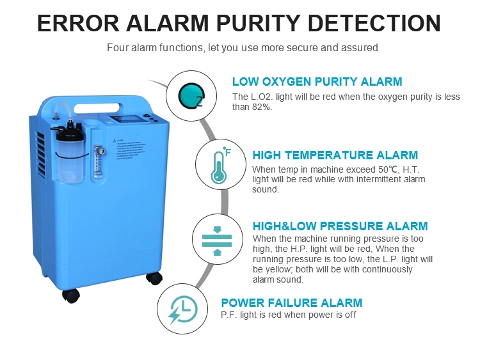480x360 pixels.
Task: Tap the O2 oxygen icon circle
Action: (191, 96)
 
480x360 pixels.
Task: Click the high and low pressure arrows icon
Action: (217, 240)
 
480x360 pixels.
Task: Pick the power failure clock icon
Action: (183, 309)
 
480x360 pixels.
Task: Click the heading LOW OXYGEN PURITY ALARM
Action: (317, 82)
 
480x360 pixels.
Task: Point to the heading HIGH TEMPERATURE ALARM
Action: (335, 155)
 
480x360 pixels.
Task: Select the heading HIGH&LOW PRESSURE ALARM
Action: (340, 226)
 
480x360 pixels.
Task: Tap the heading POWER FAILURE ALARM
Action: (292, 303)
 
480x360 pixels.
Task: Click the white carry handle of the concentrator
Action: (97, 108)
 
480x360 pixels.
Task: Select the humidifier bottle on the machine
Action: (70, 152)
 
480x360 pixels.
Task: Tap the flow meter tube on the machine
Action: (99, 162)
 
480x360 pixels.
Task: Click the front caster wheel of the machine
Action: (71, 296)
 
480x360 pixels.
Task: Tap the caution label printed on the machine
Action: (129, 149)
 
